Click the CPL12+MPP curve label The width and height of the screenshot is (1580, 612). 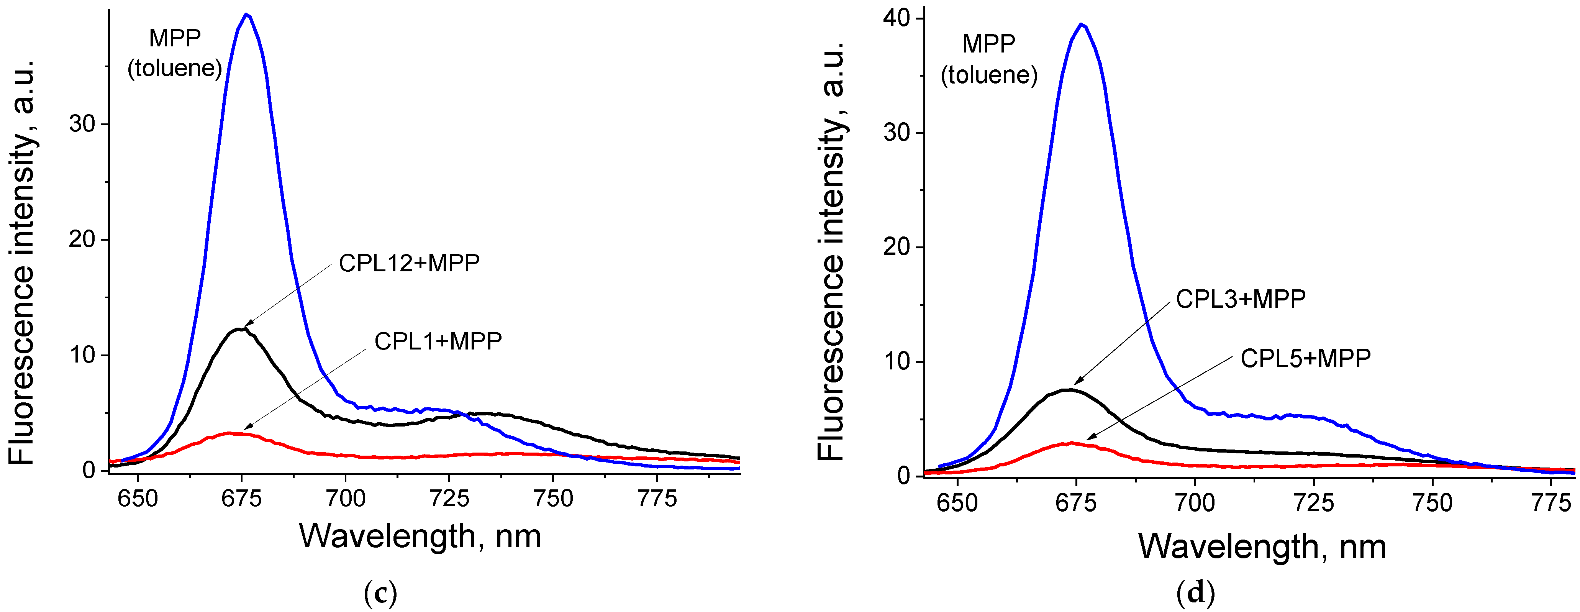point(409,263)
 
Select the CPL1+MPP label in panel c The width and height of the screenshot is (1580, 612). point(438,341)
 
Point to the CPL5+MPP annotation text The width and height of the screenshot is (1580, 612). point(1305,359)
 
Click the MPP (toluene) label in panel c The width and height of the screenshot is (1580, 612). point(175,53)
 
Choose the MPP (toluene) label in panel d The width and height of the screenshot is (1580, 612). point(989,59)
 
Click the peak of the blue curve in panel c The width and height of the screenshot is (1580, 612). point(247,14)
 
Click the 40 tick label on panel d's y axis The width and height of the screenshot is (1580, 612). point(896,18)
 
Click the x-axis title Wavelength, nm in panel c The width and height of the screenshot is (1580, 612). point(420,537)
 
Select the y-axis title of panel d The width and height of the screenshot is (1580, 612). point(832,251)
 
